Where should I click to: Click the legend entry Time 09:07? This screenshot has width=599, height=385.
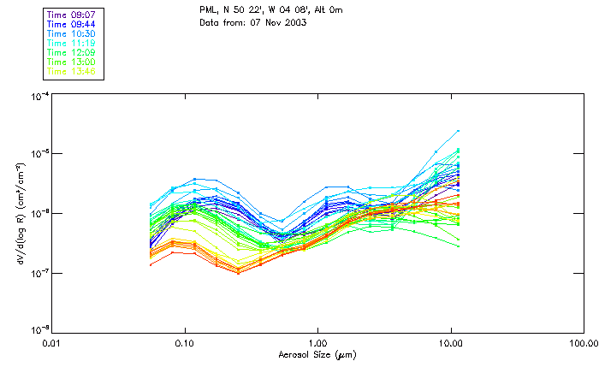pos(72,15)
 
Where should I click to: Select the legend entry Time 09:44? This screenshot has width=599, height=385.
pos(72,24)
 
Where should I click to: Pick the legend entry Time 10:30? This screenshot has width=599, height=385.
pos(72,33)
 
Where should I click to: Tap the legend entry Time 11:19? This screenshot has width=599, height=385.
pos(72,43)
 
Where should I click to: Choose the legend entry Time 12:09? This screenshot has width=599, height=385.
pos(72,52)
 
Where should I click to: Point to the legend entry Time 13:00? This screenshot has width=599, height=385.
pos(72,62)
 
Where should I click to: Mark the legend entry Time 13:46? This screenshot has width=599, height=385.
pos(72,71)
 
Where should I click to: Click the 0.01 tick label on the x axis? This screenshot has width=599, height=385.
pos(51,345)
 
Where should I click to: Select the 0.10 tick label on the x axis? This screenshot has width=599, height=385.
pos(184,345)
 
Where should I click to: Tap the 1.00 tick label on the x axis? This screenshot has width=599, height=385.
pos(317,345)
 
